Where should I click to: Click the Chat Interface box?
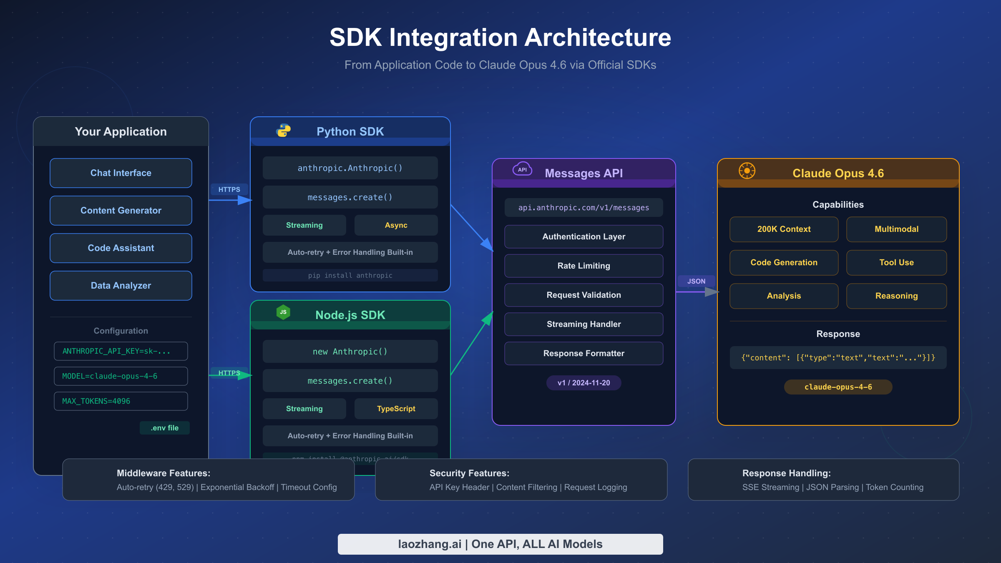click(x=121, y=173)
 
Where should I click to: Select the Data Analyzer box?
click(x=121, y=286)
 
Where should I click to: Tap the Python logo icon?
click(x=284, y=131)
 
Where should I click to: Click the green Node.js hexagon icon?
click(x=283, y=312)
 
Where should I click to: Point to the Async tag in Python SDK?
click(x=396, y=225)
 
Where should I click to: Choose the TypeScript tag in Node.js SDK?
click(x=396, y=409)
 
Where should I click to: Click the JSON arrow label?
click(x=696, y=281)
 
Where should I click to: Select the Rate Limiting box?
click(x=583, y=266)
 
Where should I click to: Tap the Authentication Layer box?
click(x=583, y=237)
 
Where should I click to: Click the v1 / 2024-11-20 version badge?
click(x=583, y=383)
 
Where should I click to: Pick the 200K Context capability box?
click(x=784, y=229)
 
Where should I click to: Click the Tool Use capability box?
click(x=896, y=263)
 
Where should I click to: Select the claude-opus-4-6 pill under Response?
click(x=838, y=387)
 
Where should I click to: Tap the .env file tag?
click(x=165, y=428)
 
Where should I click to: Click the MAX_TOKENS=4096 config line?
click(x=121, y=401)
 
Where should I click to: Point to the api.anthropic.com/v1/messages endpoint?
click(x=583, y=208)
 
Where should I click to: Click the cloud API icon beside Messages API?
click(x=522, y=169)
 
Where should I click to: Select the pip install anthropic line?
click(x=350, y=276)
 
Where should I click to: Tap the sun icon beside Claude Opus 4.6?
click(x=747, y=171)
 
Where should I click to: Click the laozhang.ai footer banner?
click(x=500, y=544)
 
